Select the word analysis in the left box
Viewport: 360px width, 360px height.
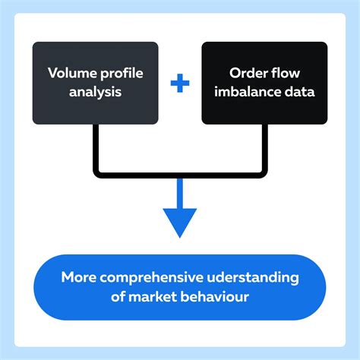click(95, 93)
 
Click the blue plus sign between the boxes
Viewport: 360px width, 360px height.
click(180, 83)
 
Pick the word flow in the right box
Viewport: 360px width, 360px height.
click(286, 74)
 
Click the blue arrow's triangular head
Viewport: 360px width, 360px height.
click(180, 223)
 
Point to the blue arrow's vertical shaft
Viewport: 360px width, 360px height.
click(180, 191)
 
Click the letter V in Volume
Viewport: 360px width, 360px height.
click(52, 74)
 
